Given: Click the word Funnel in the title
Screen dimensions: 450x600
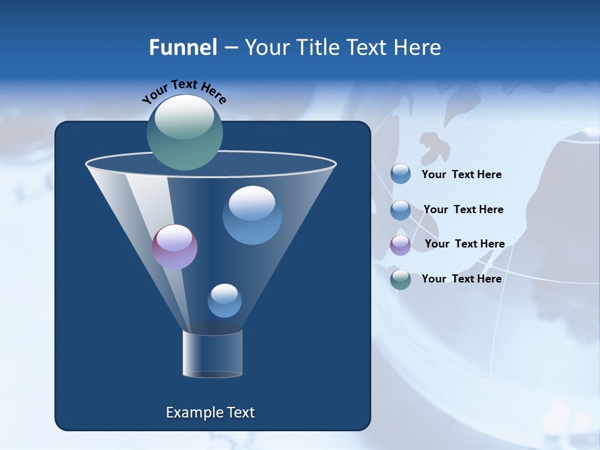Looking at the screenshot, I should click(183, 47).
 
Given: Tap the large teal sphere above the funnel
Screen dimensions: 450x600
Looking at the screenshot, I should click(184, 132).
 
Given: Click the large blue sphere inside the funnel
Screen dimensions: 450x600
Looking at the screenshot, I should click(252, 215).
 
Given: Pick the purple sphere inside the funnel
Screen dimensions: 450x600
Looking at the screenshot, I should click(174, 247).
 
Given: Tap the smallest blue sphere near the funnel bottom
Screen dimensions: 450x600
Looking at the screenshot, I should click(224, 301).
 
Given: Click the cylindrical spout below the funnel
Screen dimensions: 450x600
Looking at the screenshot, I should click(212, 354).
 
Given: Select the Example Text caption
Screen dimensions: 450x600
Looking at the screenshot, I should click(210, 412).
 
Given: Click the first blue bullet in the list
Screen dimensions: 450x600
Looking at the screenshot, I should click(400, 174).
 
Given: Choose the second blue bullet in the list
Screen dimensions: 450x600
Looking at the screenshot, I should click(400, 210).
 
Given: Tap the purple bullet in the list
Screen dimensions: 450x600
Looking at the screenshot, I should click(400, 244).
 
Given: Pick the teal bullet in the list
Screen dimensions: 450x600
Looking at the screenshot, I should click(400, 279).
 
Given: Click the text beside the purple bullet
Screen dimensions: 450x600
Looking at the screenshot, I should click(464, 244).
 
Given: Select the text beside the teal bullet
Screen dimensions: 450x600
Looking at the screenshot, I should click(461, 279).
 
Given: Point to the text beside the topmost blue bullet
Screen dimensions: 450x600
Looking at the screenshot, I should click(461, 174).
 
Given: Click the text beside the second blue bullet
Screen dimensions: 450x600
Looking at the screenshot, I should click(463, 209).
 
